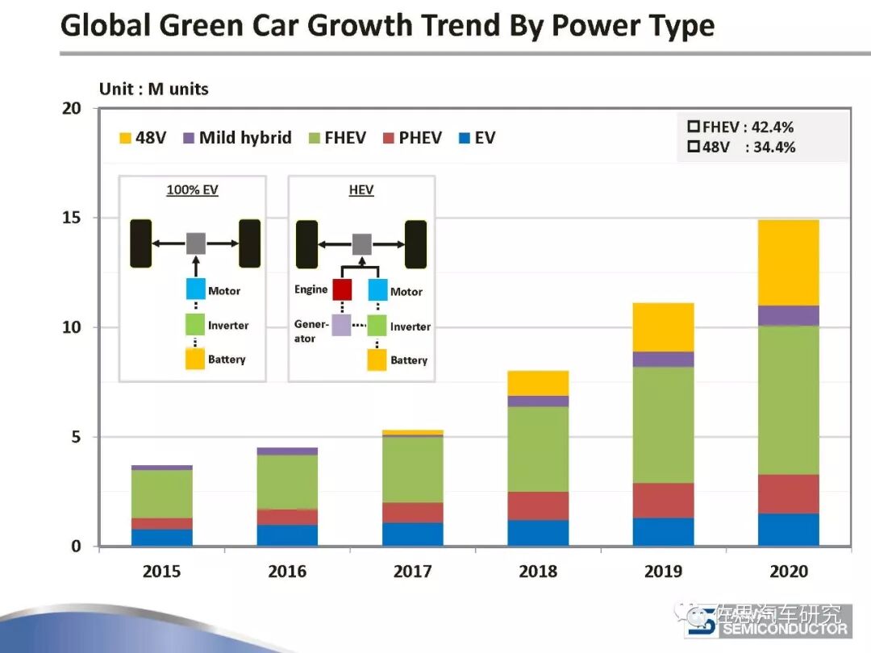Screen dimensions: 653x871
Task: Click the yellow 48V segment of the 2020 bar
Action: (x=788, y=262)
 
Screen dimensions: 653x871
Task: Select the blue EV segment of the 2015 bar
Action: (x=161, y=537)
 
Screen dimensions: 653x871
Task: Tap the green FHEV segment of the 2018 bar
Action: (x=538, y=449)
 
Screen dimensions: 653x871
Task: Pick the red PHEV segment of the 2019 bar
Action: (x=663, y=500)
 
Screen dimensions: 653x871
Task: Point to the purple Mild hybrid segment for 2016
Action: (x=287, y=451)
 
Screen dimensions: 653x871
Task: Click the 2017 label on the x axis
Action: (x=412, y=572)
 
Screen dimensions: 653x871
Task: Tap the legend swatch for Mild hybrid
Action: (x=190, y=138)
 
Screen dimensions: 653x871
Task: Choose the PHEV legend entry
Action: (x=411, y=138)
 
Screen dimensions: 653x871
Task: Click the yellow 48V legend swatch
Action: (x=125, y=138)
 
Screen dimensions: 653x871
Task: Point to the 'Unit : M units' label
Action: (x=153, y=89)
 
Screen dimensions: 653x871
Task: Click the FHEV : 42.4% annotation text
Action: (x=748, y=127)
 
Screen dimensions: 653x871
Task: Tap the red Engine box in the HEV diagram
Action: (x=342, y=289)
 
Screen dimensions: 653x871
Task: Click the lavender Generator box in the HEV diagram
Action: (x=341, y=325)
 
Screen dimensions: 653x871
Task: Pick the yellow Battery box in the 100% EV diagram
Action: (x=195, y=359)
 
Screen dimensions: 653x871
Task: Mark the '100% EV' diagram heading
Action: (x=192, y=190)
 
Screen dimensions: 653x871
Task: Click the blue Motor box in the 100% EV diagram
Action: (x=195, y=289)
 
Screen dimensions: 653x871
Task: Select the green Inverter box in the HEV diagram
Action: (x=377, y=326)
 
